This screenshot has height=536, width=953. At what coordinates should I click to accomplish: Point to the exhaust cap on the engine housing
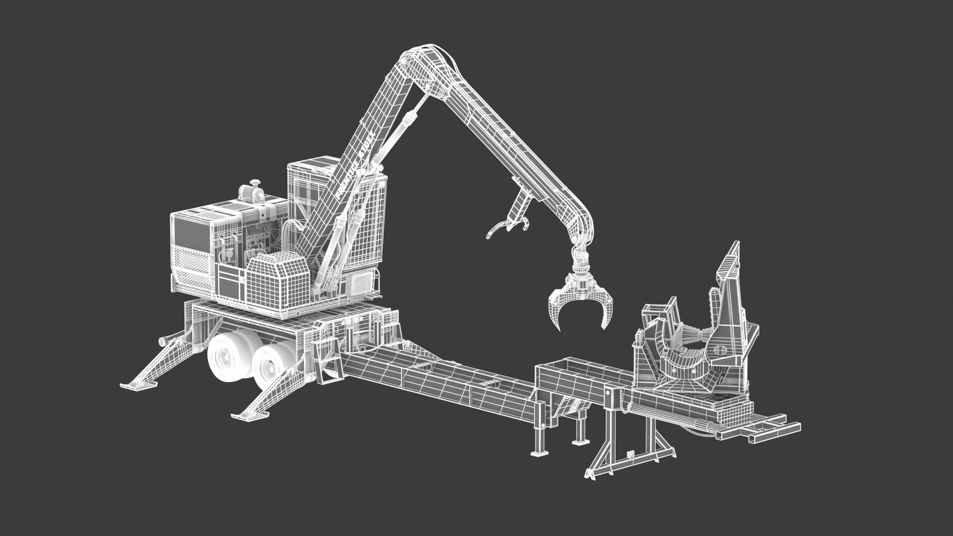[256, 183]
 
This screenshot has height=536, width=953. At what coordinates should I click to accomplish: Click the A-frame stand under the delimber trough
[626, 451]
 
